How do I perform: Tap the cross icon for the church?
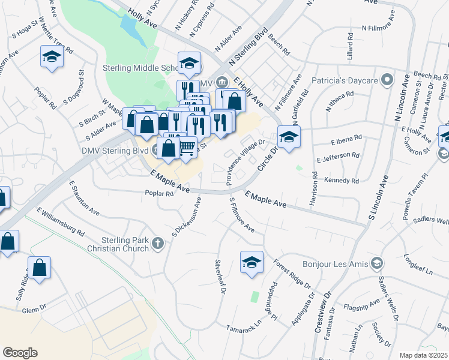pyautogui.click(x=158, y=243)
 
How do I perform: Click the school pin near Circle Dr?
pyautogui.click(x=289, y=137)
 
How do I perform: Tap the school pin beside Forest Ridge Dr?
pyautogui.click(x=252, y=262)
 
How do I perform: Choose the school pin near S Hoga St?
pyautogui.click(x=52, y=57)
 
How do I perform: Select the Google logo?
pyautogui.click(x=20, y=353)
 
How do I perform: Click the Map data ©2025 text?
pyautogui.click(x=423, y=355)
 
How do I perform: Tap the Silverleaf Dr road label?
pyautogui.click(x=220, y=277)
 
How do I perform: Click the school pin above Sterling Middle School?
pyautogui.click(x=189, y=63)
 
